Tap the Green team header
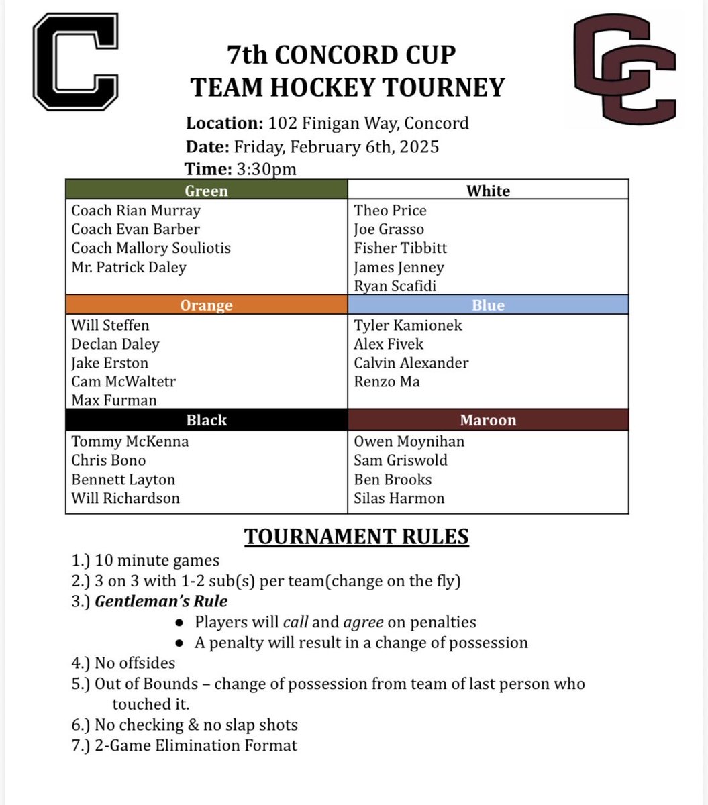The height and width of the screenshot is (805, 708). [x=206, y=191]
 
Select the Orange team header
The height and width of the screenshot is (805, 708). [x=206, y=305]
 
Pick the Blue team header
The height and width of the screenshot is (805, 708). [x=488, y=305]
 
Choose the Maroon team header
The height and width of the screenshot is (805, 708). [x=488, y=421]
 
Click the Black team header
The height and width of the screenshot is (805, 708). [x=206, y=421]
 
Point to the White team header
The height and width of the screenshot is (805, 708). [x=488, y=191]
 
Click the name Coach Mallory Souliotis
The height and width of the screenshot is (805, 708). [x=151, y=248]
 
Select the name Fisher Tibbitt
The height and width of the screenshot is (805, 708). [x=401, y=248]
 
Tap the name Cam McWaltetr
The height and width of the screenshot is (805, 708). [x=123, y=382]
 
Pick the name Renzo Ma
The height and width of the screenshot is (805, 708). [x=387, y=382]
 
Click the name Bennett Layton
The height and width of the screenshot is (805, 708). [x=123, y=480]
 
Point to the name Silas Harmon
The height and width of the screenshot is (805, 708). [x=399, y=498]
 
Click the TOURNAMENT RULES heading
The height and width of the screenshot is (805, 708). [x=356, y=537]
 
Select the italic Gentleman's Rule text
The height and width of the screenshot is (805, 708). [x=161, y=602]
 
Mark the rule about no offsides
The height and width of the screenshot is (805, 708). [x=134, y=663]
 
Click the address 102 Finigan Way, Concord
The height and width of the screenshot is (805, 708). [x=368, y=123]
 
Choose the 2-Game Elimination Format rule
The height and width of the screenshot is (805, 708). [x=195, y=745]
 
